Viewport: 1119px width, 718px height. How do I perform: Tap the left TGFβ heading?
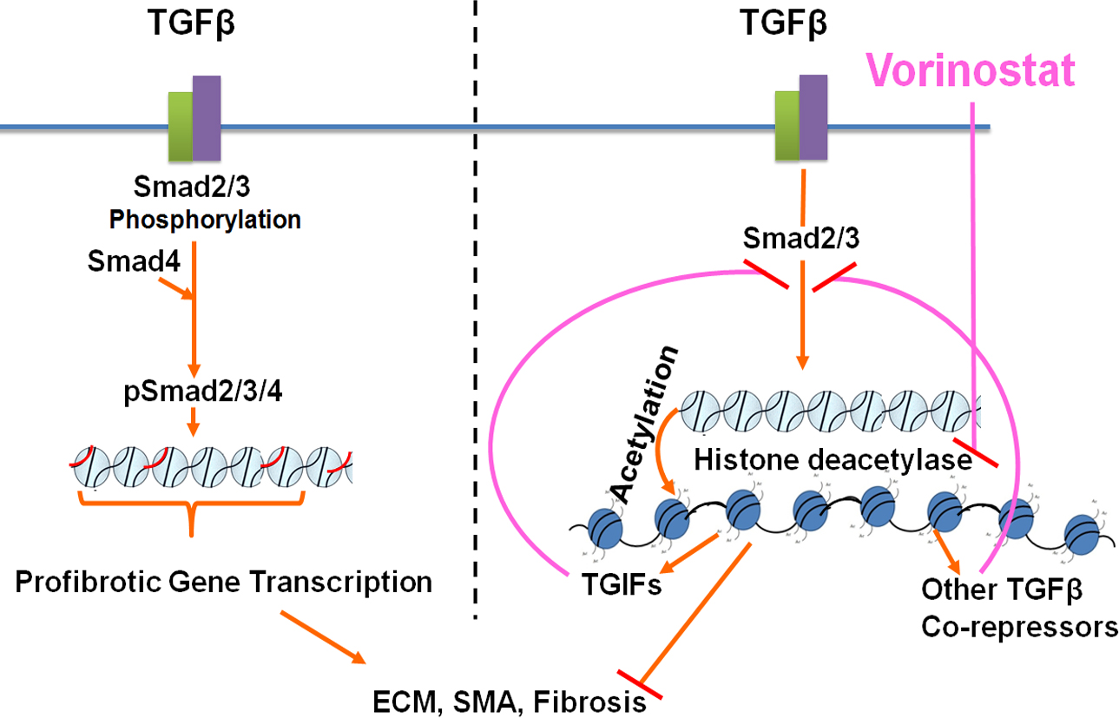coord(192,26)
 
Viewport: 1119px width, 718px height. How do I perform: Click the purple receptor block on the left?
coord(207,119)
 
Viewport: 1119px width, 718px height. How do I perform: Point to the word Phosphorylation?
coord(205,220)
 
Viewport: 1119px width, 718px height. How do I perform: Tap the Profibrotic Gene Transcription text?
coord(224,581)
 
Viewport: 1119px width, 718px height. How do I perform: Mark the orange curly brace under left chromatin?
coord(191,511)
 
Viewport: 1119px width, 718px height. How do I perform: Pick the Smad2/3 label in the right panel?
coord(801,236)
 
